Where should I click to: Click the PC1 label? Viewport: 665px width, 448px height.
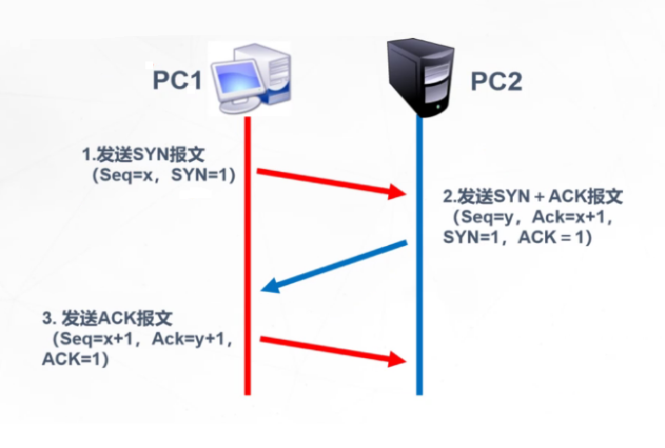click(x=176, y=81)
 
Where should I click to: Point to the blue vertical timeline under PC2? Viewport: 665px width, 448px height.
click(x=419, y=293)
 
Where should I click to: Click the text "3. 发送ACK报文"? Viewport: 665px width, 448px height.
click(x=106, y=318)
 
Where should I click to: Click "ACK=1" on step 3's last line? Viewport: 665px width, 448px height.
click(x=75, y=359)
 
